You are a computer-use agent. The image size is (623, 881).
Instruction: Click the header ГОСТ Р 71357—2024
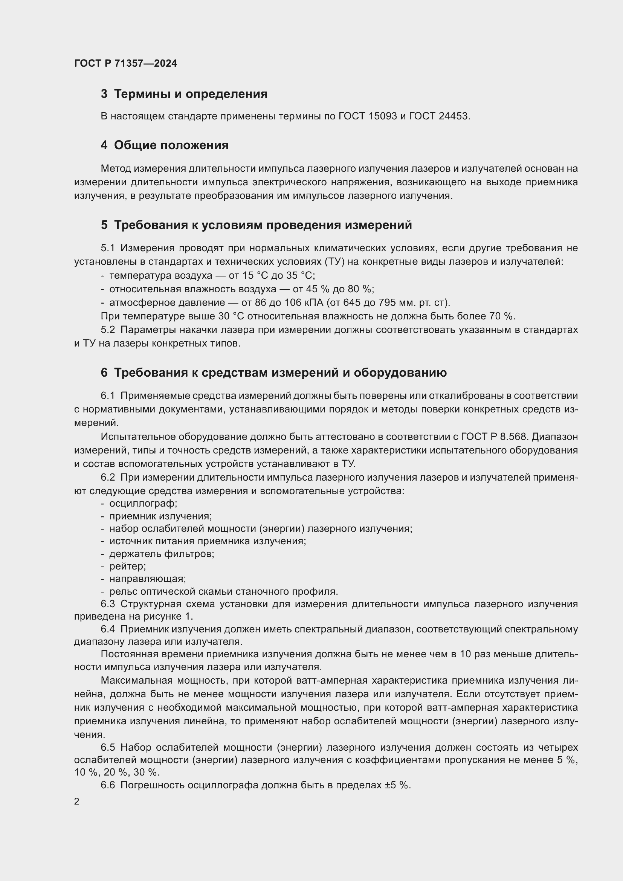click(125, 63)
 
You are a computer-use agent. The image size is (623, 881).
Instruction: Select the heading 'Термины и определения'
click(191, 94)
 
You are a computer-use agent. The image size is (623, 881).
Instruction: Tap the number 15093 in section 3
click(382, 116)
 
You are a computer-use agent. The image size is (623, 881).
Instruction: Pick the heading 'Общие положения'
click(171, 145)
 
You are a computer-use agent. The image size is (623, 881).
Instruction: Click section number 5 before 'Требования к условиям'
click(104, 225)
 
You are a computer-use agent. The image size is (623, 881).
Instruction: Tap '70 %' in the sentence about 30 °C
click(502, 316)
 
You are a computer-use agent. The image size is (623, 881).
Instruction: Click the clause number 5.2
click(108, 330)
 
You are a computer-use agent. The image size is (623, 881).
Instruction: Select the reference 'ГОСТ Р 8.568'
click(495, 437)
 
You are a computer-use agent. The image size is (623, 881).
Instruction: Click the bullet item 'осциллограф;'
click(143, 503)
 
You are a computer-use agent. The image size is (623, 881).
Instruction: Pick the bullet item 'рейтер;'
click(127, 566)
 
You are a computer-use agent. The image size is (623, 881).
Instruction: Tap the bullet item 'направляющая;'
click(147, 579)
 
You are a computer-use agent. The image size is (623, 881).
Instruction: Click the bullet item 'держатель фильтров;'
click(162, 554)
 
